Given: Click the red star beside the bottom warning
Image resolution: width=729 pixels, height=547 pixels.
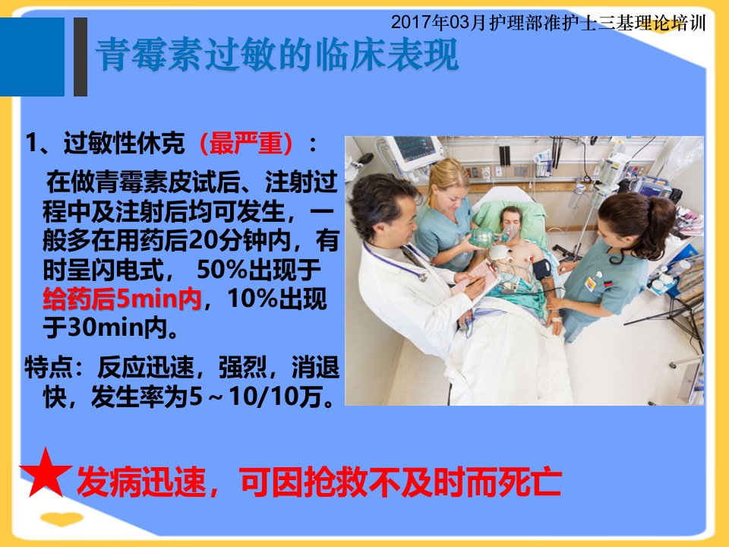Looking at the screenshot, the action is (x=46, y=473).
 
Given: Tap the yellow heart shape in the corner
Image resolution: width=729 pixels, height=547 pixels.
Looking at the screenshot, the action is (x=62, y=518).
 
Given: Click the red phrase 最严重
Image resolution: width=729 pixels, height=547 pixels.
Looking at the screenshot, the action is (x=245, y=143).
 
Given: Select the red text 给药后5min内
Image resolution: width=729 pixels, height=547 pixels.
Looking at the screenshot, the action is (x=121, y=299).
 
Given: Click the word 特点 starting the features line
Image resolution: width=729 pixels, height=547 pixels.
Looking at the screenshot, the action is (x=49, y=368).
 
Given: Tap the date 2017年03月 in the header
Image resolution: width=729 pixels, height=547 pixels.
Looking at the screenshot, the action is (x=438, y=22).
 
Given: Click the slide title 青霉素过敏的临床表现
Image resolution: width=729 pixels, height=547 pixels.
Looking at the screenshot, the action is (x=278, y=55).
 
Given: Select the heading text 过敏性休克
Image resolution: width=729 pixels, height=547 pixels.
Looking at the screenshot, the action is (x=124, y=143).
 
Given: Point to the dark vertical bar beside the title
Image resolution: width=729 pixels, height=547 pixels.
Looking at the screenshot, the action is (x=80, y=57).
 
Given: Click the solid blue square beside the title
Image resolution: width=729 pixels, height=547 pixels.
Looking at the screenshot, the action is (x=32, y=57).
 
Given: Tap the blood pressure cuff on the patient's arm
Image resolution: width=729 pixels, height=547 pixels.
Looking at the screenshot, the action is (x=541, y=269).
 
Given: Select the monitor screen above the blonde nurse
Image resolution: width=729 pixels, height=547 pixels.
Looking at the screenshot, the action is (x=414, y=150).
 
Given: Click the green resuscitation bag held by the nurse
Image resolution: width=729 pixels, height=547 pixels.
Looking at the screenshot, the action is (x=481, y=237).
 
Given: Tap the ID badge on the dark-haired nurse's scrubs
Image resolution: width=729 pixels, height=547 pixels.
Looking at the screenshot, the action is (x=591, y=283).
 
